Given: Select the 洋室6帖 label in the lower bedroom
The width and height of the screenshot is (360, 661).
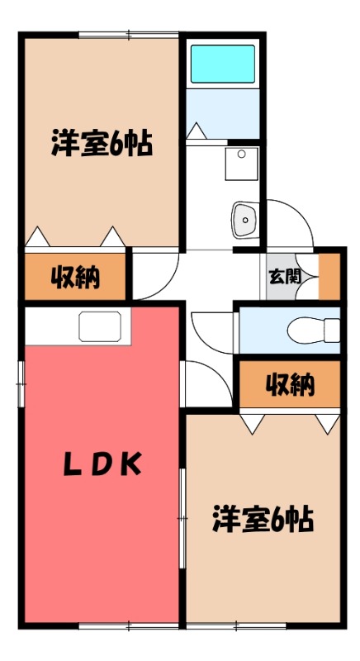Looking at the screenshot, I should click(x=263, y=520).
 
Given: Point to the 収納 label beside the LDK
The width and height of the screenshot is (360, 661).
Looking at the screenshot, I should click(x=77, y=278).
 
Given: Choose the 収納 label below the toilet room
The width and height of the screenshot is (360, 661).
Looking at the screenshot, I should click(x=290, y=383).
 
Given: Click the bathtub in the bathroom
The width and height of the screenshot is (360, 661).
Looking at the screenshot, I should click(x=223, y=63).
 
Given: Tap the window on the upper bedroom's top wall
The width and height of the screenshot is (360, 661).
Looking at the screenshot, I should click(x=128, y=34).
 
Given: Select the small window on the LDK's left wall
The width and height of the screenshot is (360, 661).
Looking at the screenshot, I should click(x=21, y=383).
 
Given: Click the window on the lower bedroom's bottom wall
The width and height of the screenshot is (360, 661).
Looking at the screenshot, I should click(x=236, y=626).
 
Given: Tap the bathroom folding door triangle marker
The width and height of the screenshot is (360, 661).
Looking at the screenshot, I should click(x=197, y=131).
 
